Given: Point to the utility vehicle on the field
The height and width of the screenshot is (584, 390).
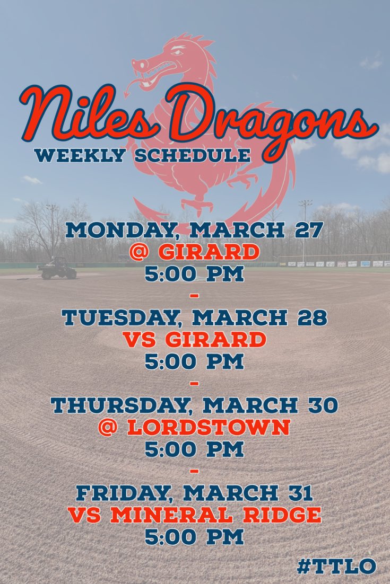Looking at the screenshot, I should point(57,268).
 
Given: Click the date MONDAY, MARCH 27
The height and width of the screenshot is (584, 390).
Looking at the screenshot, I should point(194,231).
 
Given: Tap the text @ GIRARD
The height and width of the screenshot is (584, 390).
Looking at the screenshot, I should point(194,252).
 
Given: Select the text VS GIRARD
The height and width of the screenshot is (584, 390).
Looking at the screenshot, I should point(194,339).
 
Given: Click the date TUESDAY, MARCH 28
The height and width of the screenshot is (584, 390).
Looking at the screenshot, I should point(194,317).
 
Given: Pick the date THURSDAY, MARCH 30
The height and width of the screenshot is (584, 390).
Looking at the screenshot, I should point(194,405).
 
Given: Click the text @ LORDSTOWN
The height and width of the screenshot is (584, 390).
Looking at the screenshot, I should point(194,427).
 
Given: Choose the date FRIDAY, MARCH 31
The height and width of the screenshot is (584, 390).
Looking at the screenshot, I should point(194,493).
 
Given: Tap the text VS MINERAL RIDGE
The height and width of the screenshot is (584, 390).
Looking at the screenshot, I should point(194,515).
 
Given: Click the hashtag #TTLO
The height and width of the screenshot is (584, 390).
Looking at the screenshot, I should point(336,566).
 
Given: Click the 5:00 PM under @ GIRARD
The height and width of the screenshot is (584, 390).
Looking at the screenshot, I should point(194,274).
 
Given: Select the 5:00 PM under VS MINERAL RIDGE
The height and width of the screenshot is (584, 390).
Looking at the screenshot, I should point(194,537).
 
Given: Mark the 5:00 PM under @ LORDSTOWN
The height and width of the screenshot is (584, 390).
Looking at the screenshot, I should point(194,449).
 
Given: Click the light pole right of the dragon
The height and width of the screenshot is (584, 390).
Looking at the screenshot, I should point(305,228).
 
